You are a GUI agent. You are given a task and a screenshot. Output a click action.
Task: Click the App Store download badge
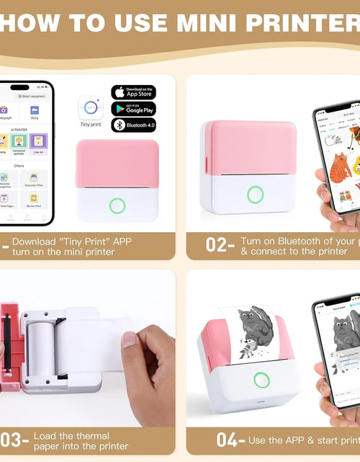pos(133,92)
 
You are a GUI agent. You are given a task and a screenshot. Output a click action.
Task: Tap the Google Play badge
pos(133,109)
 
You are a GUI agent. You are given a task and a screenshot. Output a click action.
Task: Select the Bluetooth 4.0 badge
pos(133,125)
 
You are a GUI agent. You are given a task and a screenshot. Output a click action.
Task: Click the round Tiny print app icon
pos(91,107)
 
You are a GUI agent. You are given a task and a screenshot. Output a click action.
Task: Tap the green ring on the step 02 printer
pos(255,195)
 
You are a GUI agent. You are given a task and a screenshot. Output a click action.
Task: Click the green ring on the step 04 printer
pos(256,395)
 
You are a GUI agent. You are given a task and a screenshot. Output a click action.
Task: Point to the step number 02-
pos(219,244)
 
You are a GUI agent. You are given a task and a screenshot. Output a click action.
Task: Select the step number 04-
pos(230,439)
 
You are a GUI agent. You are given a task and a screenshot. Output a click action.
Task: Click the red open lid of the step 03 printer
pos(9,346)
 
